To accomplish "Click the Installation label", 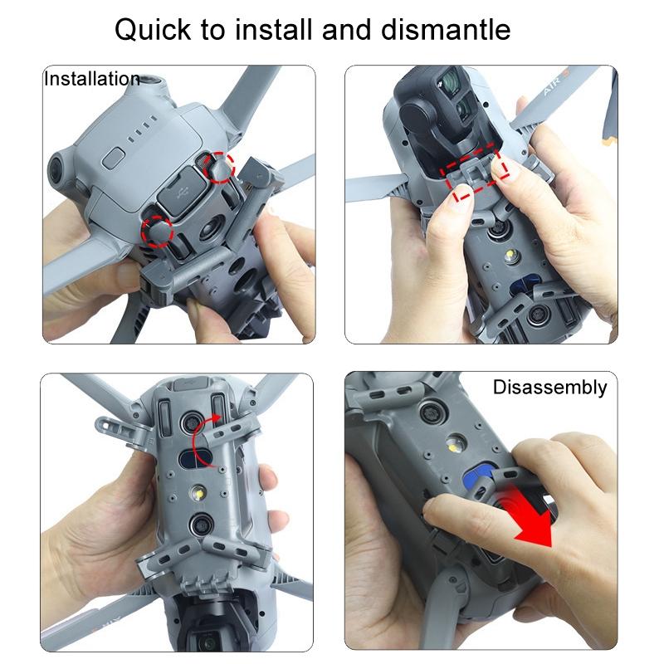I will coord(91,80).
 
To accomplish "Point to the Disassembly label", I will coord(549,388).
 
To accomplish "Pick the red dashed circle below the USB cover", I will coord(157,232).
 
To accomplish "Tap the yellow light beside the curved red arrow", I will coord(198,494).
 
